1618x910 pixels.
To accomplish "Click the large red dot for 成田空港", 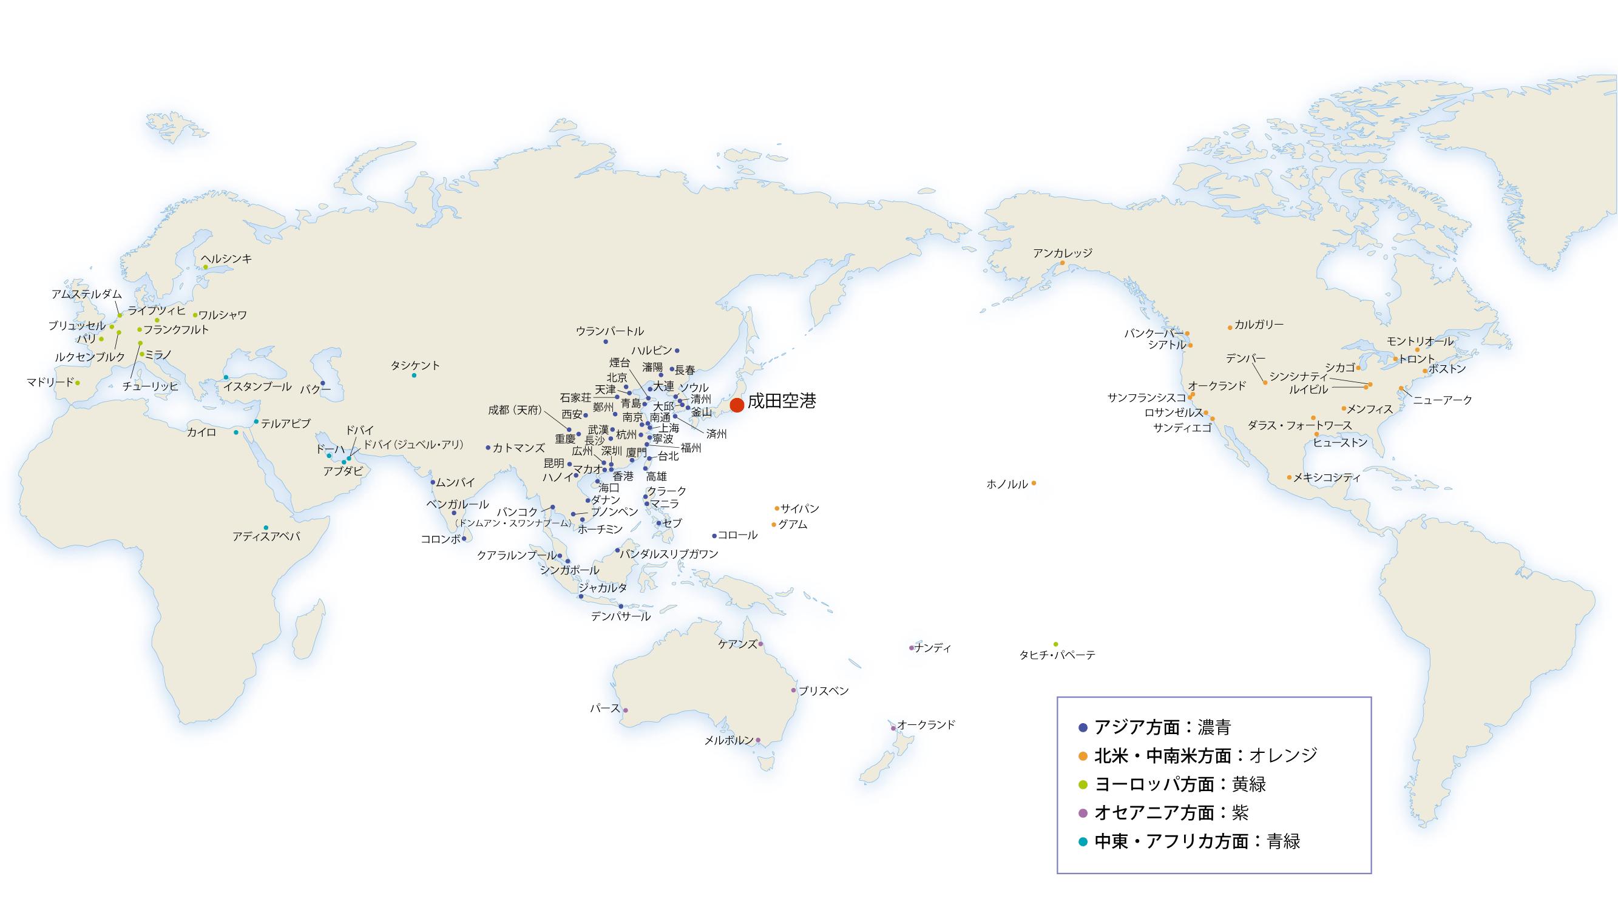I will [737, 405].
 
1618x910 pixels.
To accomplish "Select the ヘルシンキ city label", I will [226, 258].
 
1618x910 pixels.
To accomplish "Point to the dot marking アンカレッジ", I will [1062, 263].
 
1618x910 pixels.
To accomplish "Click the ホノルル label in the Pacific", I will [1007, 484].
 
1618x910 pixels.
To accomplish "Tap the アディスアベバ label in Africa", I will [266, 537].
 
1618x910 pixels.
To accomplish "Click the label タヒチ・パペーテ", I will [1057, 655].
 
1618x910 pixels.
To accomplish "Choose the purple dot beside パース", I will [625, 710].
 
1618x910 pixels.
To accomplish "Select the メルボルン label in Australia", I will [729, 740].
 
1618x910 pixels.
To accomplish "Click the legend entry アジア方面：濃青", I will [1162, 727].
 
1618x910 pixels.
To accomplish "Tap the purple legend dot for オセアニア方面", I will [1083, 814].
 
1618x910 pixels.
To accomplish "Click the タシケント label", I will [415, 365].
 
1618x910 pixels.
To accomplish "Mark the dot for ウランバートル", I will [606, 341].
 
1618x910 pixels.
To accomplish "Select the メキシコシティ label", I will [1327, 477].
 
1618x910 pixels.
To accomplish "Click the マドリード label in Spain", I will [50, 382].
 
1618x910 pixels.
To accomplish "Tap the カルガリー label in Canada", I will [1259, 325].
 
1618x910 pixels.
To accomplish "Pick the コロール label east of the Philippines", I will [737, 535].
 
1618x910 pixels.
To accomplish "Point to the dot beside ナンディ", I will [912, 648].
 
